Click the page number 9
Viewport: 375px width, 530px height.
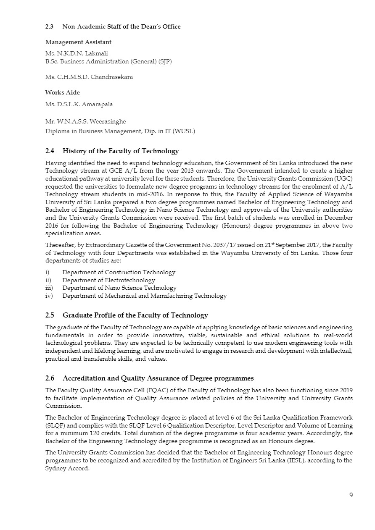(x=351, y=495)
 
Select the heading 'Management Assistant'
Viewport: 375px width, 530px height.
(x=78, y=42)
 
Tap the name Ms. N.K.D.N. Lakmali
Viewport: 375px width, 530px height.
(x=74, y=54)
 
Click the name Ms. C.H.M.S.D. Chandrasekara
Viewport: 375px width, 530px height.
(x=89, y=77)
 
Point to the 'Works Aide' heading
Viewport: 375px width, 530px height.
(x=62, y=92)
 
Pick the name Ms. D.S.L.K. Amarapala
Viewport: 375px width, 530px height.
(x=79, y=104)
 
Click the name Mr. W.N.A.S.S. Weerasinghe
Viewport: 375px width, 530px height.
(x=86, y=121)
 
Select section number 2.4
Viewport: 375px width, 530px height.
(x=50, y=151)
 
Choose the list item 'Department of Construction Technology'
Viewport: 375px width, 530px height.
(x=119, y=273)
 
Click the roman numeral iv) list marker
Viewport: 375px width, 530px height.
(x=49, y=296)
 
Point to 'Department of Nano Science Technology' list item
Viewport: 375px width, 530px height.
(x=119, y=288)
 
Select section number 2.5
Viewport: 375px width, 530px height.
(x=50, y=315)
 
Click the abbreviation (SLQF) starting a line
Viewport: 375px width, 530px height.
(x=55, y=425)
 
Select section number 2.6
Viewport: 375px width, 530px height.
(x=50, y=378)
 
